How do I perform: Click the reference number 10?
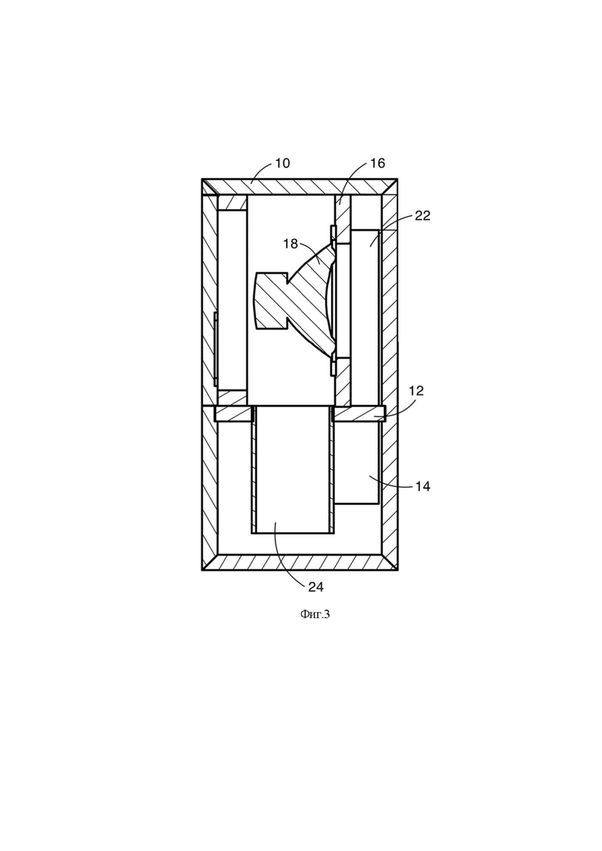click(282, 163)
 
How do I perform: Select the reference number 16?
click(377, 163)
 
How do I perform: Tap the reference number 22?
click(422, 215)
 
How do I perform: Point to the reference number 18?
click(290, 244)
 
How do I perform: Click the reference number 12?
click(416, 390)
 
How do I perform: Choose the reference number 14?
click(423, 486)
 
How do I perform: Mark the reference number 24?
click(316, 586)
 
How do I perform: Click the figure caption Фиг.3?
click(315, 614)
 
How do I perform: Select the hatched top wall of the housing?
click(299, 187)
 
